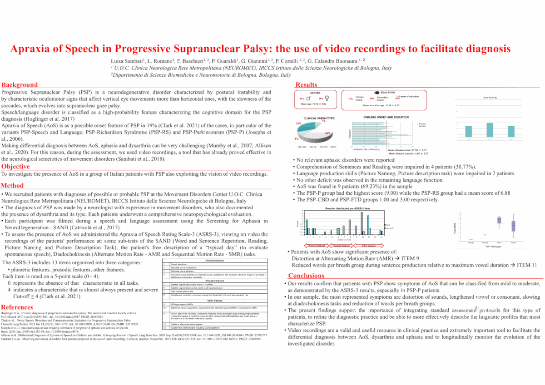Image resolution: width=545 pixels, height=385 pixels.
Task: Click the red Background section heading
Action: (x=20, y=84)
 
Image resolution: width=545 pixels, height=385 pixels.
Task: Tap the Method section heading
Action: (x=13, y=186)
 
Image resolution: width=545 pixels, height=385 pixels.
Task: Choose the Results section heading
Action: (x=307, y=85)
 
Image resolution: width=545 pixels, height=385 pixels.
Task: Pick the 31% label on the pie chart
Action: (x=298, y=123)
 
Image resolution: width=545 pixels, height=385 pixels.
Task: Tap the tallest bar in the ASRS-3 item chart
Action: (x=362, y=222)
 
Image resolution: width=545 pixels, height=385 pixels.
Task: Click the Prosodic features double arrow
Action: (x=335, y=246)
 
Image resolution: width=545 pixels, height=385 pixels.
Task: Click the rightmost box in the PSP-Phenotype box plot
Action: (x=514, y=225)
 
